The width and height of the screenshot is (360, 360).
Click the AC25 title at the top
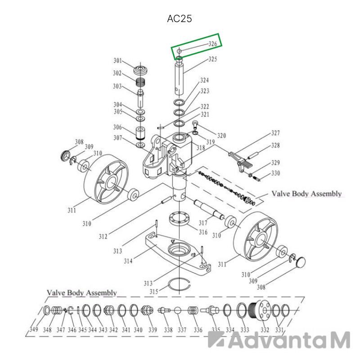pyautogui.click(x=179, y=18)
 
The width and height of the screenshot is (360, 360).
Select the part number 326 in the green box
pyautogui.click(x=213, y=44)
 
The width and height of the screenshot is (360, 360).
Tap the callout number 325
pyautogui.click(x=213, y=59)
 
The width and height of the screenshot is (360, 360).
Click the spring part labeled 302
pyautogui.click(x=140, y=82)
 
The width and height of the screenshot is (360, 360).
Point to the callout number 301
pyautogui.click(x=118, y=61)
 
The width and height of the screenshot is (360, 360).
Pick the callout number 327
pyautogui.click(x=275, y=133)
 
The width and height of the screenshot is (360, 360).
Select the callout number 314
pyautogui.click(x=128, y=261)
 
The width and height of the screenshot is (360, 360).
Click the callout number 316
pyautogui.click(x=203, y=232)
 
